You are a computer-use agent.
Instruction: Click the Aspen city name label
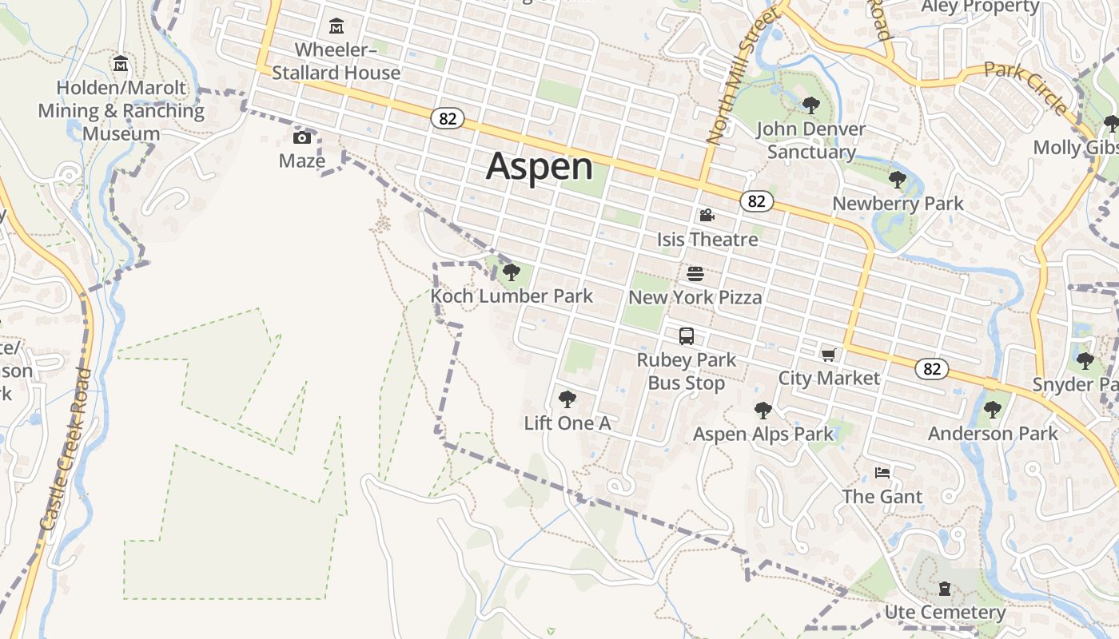point(540,167)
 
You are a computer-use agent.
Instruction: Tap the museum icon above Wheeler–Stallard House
point(336,26)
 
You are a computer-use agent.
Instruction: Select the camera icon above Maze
point(302,137)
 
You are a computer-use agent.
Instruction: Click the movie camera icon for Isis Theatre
point(707,215)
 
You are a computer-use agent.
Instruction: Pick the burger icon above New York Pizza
point(695,274)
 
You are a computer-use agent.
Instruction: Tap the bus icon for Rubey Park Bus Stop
point(687,336)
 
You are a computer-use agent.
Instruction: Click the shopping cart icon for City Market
point(828,355)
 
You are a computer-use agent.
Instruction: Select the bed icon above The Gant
point(882,473)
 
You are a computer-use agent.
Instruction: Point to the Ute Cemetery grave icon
point(945,589)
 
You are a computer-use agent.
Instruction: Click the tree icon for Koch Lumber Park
point(512,272)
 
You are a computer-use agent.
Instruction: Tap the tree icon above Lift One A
point(567,399)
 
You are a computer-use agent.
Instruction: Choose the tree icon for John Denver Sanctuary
point(810,105)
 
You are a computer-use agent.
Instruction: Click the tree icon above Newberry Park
point(898,180)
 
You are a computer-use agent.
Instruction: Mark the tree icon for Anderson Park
point(993,410)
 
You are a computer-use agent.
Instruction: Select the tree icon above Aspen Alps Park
point(763,411)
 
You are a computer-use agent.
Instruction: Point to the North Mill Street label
point(742,77)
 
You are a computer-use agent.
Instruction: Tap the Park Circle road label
point(1025,88)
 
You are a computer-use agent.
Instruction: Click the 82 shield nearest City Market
point(932,368)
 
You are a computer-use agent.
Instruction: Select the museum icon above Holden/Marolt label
point(121,63)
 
